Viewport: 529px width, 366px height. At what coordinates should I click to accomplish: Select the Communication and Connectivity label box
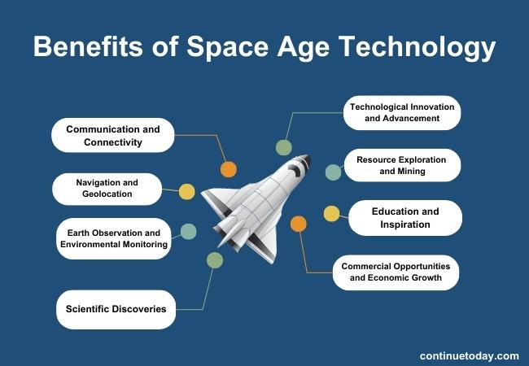click(x=113, y=136)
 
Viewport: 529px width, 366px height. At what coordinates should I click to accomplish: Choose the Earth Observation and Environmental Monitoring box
click(x=114, y=238)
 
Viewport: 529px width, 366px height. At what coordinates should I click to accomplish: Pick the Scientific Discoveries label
click(x=116, y=309)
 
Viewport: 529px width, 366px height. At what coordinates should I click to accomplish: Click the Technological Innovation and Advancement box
click(x=402, y=112)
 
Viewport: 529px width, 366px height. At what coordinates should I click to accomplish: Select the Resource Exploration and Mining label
click(x=402, y=165)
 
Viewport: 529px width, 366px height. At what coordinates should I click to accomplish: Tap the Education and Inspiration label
click(x=405, y=218)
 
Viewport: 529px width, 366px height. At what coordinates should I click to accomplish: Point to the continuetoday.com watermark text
click(x=469, y=355)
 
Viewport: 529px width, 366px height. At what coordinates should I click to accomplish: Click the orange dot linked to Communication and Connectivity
click(x=229, y=169)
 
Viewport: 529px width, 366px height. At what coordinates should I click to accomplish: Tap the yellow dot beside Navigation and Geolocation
click(x=186, y=192)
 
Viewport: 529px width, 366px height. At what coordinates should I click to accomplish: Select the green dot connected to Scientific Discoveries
click(x=214, y=260)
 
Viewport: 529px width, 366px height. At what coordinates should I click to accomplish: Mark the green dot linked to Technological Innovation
click(x=283, y=147)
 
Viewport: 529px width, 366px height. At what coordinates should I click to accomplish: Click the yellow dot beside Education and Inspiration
click(x=331, y=214)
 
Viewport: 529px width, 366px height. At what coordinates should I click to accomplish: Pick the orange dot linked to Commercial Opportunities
click(x=299, y=224)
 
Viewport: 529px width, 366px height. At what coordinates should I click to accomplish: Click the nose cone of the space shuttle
click(x=302, y=162)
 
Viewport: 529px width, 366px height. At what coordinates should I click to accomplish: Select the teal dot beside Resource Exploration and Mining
click(x=333, y=172)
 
